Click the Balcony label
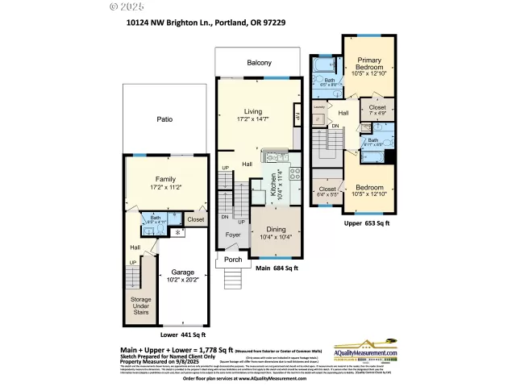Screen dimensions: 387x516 [258, 63]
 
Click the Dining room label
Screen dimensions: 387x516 [276, 228]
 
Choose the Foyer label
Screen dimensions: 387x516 [233, 235]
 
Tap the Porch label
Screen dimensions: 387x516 [233, 260]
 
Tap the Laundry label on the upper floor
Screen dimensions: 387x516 [318, 106]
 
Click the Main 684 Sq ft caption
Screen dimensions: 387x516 [276, 268]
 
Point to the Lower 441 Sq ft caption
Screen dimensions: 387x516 [182, 334]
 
